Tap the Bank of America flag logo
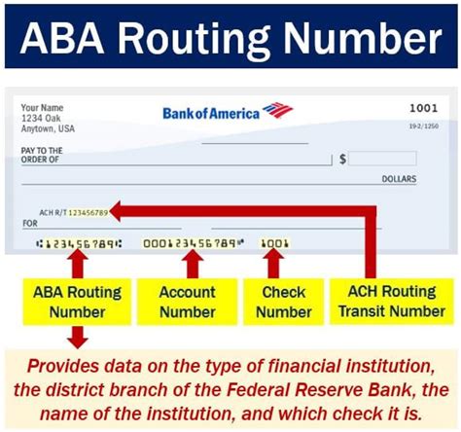pos(277,110)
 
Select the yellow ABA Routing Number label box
pos(79,301)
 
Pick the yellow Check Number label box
pos(282,301)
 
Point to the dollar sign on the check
pos(342,158)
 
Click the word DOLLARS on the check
pos(397,179)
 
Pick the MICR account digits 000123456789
pos(192,242)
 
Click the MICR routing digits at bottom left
pos(78,242)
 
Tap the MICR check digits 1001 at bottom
pos(276,242)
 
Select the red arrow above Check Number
pos(275,263)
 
